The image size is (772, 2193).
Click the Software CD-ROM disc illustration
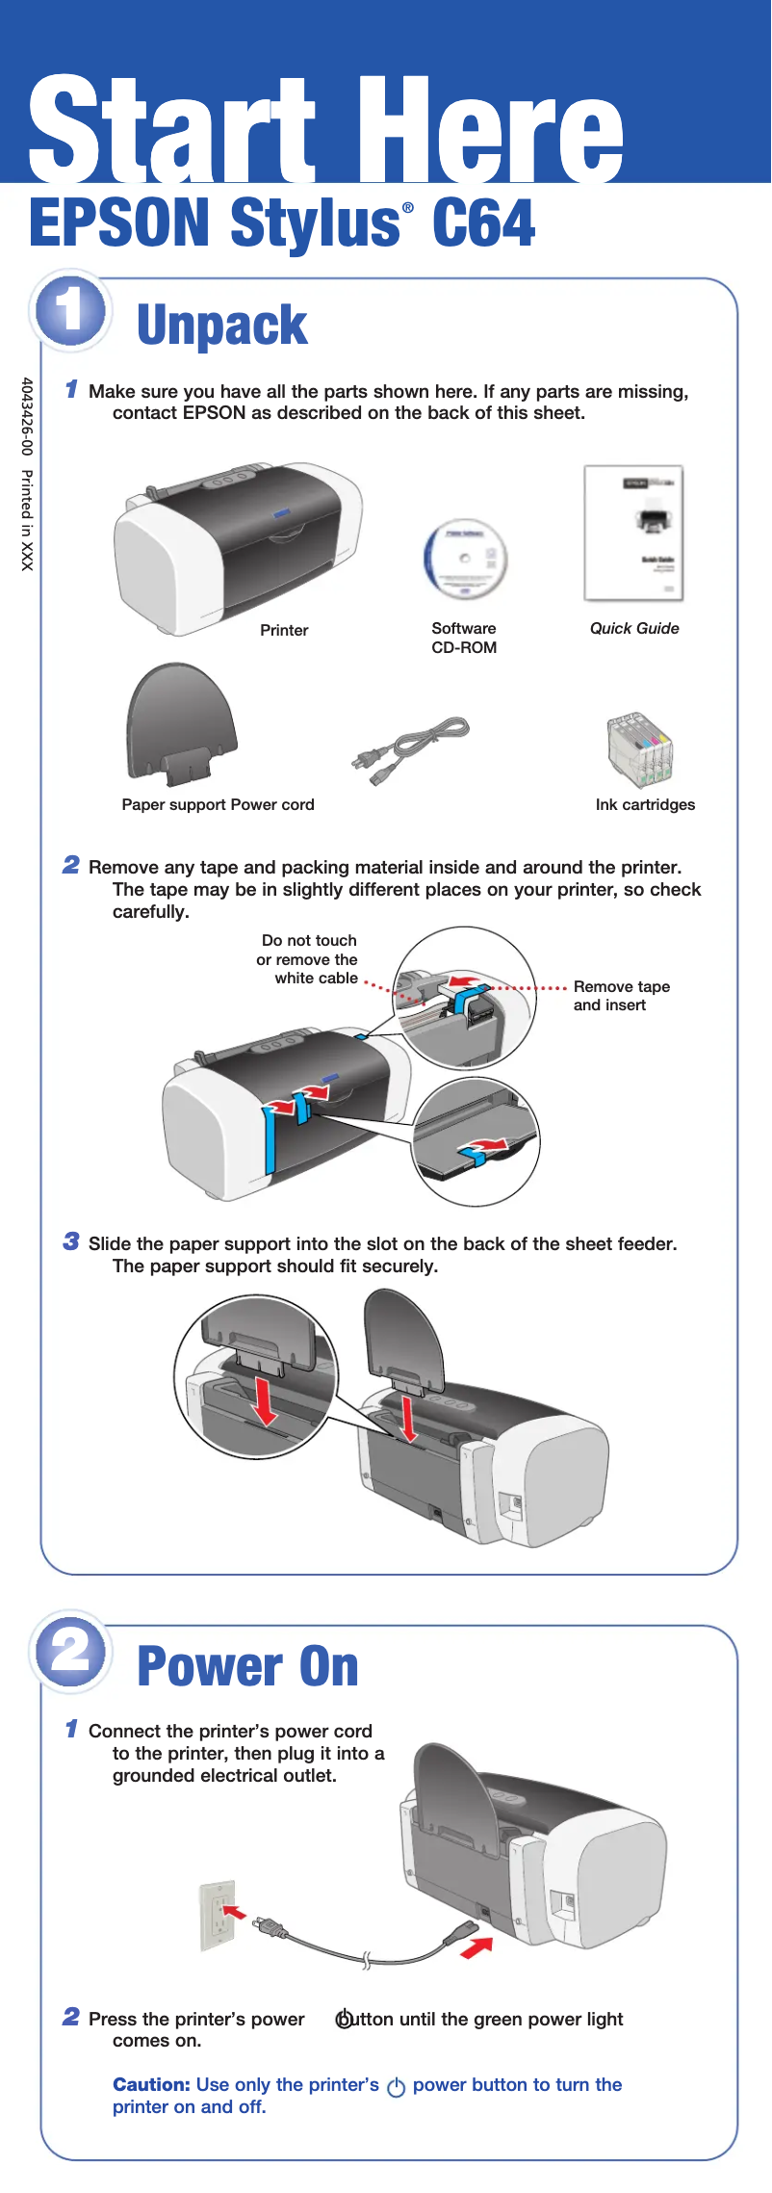(465, 559)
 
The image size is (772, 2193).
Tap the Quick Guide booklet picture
(633, 534)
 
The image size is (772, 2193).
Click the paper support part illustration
(181, 722)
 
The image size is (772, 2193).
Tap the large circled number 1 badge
(69, 310)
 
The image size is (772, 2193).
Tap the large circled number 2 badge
(69, 1651)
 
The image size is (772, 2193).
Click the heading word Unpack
(221, 325)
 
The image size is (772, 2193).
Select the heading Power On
(247, 1667)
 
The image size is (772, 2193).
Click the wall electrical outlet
(218, 1917)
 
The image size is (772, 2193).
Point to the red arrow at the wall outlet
(235, 1911)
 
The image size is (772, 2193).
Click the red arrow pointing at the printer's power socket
(476, 1946)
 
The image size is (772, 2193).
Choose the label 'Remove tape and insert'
(621, 996)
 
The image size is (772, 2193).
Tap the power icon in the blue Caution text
(396, 2087)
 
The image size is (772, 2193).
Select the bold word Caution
(151, 2084)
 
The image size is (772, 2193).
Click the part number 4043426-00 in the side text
(27, 416)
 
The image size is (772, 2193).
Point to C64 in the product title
(483, 223)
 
